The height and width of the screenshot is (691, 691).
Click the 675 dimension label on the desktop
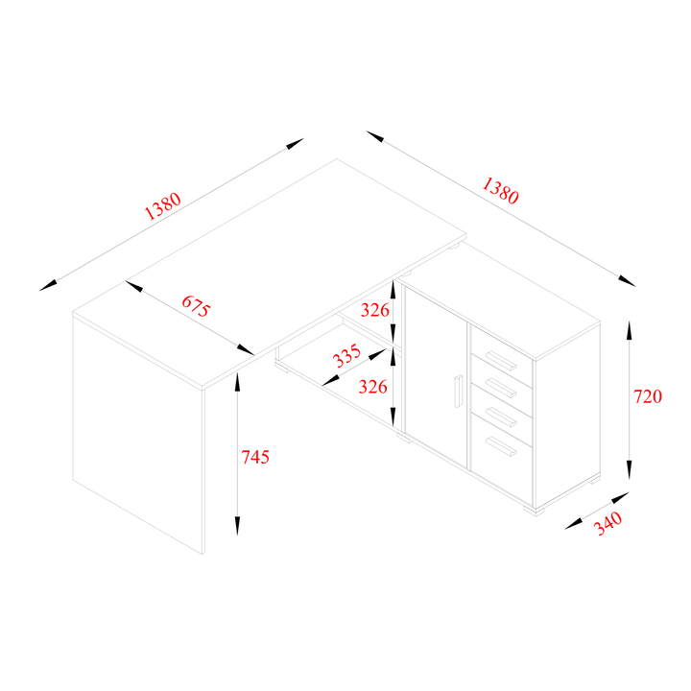click(x=196, y=306)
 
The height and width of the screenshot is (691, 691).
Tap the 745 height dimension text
click(x=255, y=457)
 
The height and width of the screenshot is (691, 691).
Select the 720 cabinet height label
click(x=648, y=396)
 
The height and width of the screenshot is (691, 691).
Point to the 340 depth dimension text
click(x=608, y=523)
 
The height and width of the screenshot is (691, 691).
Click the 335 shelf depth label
click(x=346, y=356)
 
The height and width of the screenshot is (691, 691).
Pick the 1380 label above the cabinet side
click(x=500, y=190)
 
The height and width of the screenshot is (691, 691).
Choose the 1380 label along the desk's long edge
click(x=162, y=205)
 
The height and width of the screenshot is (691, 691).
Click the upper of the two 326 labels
click(x=375, y=310)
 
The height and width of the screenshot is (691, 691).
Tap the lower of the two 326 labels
click(x=372, y=387)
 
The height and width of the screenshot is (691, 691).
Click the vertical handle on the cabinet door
click(x=459, y=391)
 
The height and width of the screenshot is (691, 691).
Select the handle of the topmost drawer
click(x=501, y=361)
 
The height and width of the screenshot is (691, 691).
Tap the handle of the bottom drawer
click(x=501, y=446)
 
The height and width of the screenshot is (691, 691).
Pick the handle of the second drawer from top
click(x=501, y=388)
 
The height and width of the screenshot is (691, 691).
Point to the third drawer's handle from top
click(x=501, y=417)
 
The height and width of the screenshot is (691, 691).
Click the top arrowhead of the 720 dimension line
click(x=629, y=330)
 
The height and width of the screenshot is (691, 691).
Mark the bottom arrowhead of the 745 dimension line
click(x=237, y=526)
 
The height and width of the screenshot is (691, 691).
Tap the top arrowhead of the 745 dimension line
click(x=237, y=382)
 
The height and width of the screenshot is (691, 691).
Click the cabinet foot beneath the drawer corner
click(x=535, y=512)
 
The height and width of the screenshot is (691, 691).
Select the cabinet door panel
click(x=437, y=378)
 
